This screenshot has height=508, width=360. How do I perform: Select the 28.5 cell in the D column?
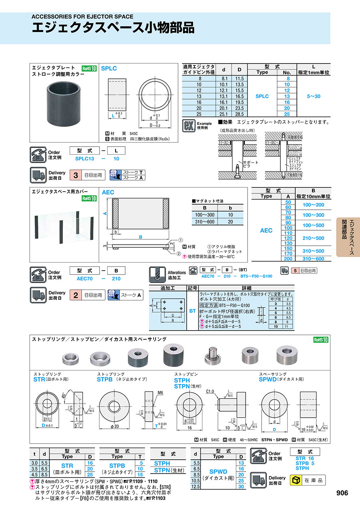pos(239,114)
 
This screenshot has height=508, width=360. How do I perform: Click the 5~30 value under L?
pos(313,96)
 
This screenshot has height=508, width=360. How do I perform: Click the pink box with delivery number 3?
pos(75,175)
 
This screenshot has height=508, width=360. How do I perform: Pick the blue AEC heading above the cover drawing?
pos(108,192)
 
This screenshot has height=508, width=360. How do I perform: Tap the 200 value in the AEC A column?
pos(288,259)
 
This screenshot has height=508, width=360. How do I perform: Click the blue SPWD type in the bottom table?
pos(218,472)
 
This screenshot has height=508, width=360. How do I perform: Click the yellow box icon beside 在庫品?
pos(297,480)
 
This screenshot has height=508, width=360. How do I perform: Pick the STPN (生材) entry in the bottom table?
pos(168,470)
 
